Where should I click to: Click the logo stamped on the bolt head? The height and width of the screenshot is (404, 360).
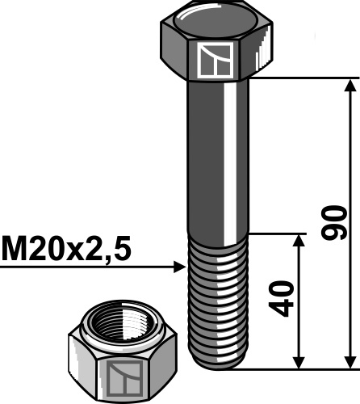(x=215, y=61)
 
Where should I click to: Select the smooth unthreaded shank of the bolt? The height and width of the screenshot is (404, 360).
(x=216, y=154)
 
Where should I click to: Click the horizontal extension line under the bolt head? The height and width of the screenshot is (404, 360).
(x=299, y=78)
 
